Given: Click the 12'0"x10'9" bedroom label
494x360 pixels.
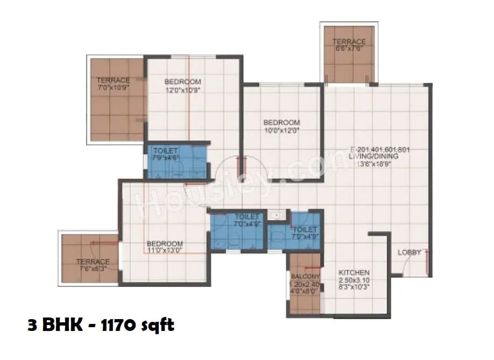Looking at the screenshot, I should coord(182,86).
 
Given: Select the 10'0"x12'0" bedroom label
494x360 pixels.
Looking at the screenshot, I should coord(281,126).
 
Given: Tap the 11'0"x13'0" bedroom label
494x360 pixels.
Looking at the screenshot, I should coord(165,246).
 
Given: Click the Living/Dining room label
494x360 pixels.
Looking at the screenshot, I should coord(380,156).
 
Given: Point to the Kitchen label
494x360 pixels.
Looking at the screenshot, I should coord(354,272).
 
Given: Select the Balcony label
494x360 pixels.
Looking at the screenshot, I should coord(305,277).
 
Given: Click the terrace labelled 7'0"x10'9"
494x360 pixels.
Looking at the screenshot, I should coord(113,83).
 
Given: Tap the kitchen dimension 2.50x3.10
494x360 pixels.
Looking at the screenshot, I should coord(354,281).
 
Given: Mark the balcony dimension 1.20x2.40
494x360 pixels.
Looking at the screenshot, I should coord(305,284).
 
